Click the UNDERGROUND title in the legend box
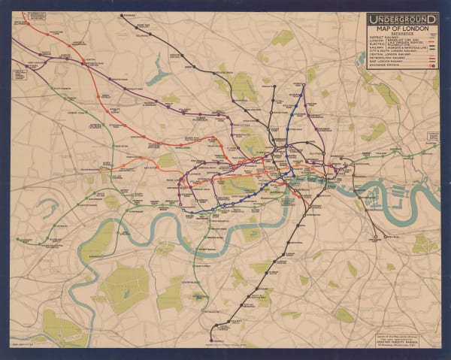coord(402,17)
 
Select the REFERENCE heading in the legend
coord(402,34)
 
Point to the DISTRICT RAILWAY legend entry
coord(384,39)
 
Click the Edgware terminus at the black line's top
coord(121,15)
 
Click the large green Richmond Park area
coord(124,286)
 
